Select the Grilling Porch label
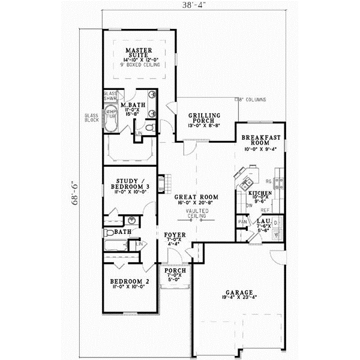click(x=203, y=118)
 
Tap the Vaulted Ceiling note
click(x=196, y=215)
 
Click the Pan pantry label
click(x=242, y=223)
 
